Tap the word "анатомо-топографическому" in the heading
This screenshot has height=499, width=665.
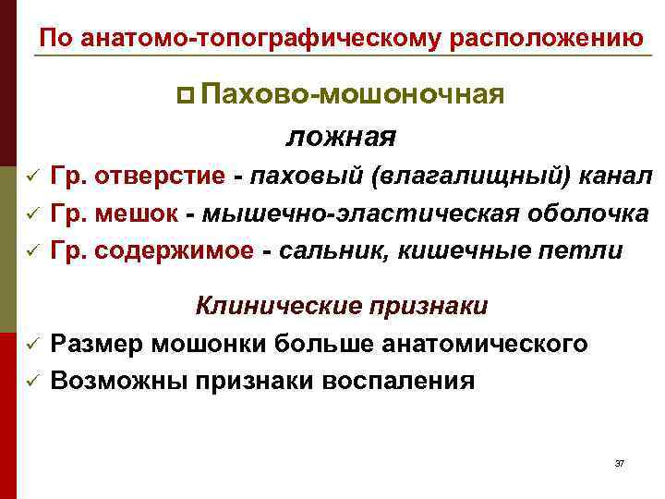pos(259,39)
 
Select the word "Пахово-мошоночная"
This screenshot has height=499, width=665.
pos(351,94)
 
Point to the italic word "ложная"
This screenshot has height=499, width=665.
pos(342,137)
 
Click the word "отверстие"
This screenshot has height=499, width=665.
pos(160,176)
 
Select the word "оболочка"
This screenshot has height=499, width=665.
pos(592,213)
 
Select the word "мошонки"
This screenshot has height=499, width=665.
pos(208,344)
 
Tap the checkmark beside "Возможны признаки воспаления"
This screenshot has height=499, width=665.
pos(30,381)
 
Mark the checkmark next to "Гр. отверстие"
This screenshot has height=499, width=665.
pos(30,176)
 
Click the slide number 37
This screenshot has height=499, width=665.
pos(619,462)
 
